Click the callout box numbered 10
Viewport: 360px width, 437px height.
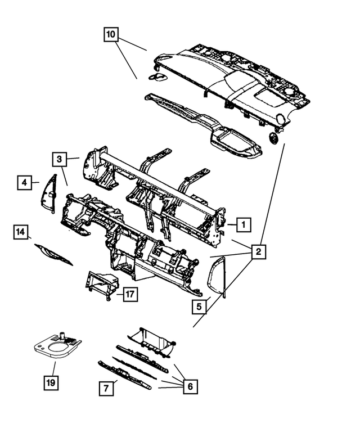click(111, 35)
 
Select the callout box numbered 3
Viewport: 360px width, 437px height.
click(61, 160)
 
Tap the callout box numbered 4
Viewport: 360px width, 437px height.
click(24, 183)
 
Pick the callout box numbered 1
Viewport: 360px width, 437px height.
click(243, 225)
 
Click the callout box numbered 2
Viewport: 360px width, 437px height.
click(258, 252)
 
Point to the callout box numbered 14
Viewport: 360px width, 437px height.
click(21, 231)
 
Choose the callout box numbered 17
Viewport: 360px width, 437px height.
click(130, 294)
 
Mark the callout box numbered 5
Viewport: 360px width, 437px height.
click(199, 307)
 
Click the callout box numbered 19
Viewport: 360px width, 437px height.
click(51, 384)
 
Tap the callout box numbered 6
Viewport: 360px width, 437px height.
click(190, 386)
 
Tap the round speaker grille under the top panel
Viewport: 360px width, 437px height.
click(274, 138)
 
